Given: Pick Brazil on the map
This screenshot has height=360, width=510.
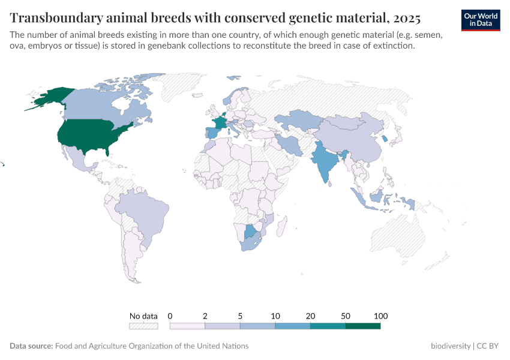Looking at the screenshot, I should click(141, 213).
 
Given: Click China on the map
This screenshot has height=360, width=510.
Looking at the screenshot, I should click(354, 138).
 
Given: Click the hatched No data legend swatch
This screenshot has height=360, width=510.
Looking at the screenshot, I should click(143, 326).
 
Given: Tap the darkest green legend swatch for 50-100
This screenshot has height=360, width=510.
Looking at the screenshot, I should click(362, 326).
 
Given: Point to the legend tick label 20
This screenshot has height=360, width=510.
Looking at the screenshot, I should click(310, 316).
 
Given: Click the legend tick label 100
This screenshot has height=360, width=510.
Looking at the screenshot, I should click(380, 316).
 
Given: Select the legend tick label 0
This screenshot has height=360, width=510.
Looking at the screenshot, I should click(170, 316).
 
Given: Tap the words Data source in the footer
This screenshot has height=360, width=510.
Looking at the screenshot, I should click(31, 346).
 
